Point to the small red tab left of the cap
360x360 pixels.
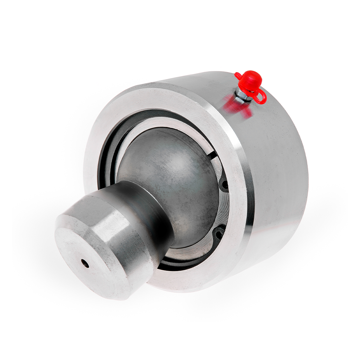[238, 76]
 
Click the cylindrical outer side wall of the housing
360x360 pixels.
[280, 167]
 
